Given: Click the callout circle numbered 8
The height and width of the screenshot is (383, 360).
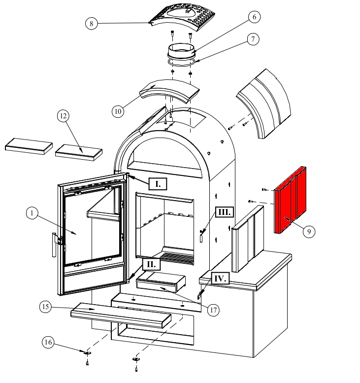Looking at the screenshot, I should pyautogui.click(x=92, y=23).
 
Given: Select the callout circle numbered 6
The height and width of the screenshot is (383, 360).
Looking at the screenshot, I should pyautogui.click(x=254, y=17).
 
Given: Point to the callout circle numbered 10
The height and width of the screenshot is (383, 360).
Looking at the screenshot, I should pyautogui.click(x=117, y=111).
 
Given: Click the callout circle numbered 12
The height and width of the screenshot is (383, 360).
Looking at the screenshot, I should pyautogui.click(x=63, y=116).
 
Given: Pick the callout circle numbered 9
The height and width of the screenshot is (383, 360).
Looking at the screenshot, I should pyautogui.click(x=309, y=231).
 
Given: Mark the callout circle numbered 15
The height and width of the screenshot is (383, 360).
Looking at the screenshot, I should pyautogui.click(x=46, y=307).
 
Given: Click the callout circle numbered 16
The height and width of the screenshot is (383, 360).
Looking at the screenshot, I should pyautogui.click(x=48, y=341).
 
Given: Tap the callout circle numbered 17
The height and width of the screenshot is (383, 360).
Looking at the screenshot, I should pyautogui.click(x=213, y=310).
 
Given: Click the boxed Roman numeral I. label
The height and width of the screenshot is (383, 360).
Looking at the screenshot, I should pyautogui.click(x=158, y=184).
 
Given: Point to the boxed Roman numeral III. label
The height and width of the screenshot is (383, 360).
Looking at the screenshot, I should pyautogui.click(x=224, y=212).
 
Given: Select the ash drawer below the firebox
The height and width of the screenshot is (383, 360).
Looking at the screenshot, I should pyautogui.click(x=161, y=284).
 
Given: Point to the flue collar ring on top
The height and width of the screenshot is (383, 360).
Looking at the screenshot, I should pyautogui.click(x=182, y=51).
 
